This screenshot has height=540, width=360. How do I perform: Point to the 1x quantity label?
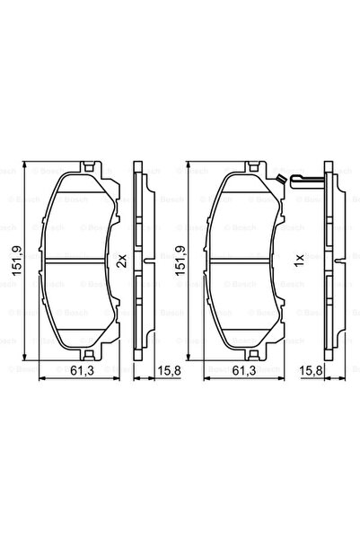tap(291, 261)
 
